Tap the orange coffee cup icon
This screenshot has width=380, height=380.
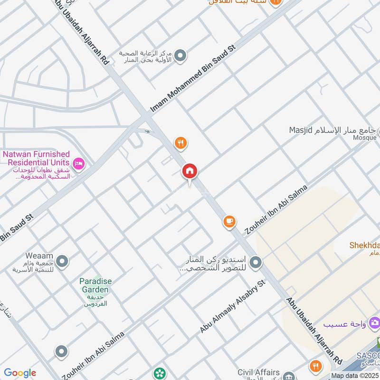pyautogui.click(x=229, y=221)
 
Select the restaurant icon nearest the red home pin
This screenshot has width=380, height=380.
pyautogui.click(x=180, y=142)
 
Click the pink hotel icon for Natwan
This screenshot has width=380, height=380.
pyautogui.click(x=79, y=164)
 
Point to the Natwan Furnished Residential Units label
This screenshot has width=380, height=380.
pyautogui.click(x=37, y=159)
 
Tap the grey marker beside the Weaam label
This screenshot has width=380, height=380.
pyautogui.click(x=62, y=261)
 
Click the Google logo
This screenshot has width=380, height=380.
pyautogui.click(x=20, y=373)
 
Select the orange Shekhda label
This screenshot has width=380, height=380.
pyautogui.click(x=364, y=245)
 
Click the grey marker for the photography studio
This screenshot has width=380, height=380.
pyautogui.click(x=256, y=262)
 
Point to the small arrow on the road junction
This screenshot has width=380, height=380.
pyautogui.click(x=148, y=132)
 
